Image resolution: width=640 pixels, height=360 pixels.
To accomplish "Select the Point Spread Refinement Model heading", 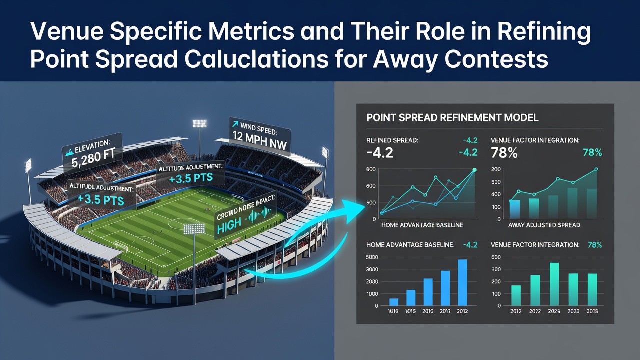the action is (x=452, y=117).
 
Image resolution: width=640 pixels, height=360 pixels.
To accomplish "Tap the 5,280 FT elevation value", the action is (x=93, y=159).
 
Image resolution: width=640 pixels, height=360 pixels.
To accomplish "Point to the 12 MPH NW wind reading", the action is (x=259, y=140).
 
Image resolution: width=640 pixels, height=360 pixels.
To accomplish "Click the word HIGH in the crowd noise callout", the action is (x=229, y=225).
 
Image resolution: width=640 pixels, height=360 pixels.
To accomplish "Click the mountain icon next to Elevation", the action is (x=69, y=153).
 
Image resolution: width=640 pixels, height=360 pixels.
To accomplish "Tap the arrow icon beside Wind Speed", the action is (x=235, y=124).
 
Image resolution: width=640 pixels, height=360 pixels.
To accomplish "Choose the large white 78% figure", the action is (x=504, y=153).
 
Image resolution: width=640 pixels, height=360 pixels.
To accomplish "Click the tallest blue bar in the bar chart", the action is (x=462, y=282).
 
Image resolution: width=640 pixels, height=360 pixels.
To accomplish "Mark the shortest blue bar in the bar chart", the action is (x=394, y=302).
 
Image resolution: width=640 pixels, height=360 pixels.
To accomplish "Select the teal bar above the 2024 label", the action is (x=554, y=284).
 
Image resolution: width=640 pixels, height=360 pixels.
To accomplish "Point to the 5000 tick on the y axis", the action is (x=372, y=257).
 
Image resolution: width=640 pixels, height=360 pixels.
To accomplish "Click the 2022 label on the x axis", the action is (x=535, y=311).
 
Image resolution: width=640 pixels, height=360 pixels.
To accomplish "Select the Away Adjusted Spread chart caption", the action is (x=544, y=225).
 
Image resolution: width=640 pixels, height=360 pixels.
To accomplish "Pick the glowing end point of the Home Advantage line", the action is (x=475, y=170).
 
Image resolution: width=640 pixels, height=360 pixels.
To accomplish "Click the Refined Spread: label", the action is (x=392, y=140).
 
